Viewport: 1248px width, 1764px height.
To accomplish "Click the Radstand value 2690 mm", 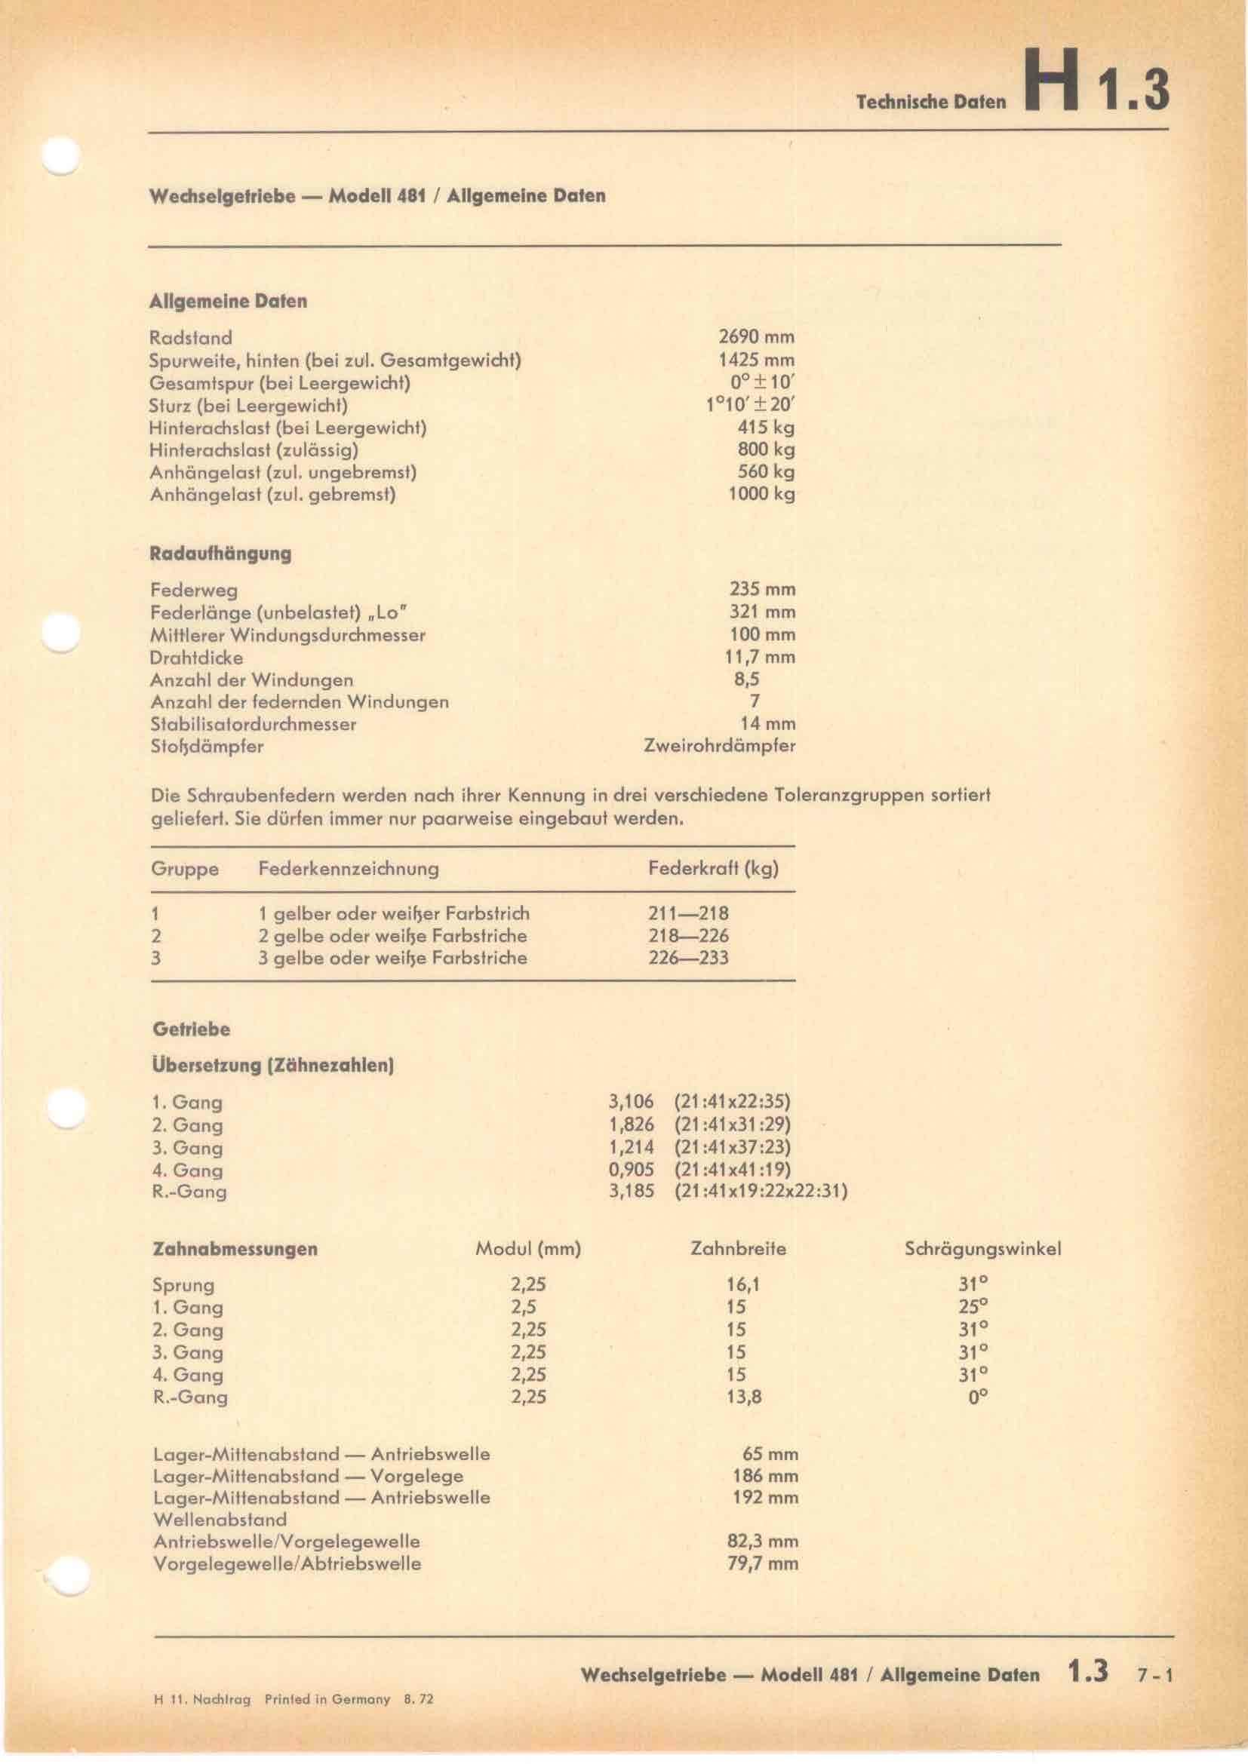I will pyautogui.click(x=756, y=336).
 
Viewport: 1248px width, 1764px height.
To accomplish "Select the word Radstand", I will pyautogui.click(x=191, y=337).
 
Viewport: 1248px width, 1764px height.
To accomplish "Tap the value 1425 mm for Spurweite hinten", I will pyautogui.click(x=756, y=360).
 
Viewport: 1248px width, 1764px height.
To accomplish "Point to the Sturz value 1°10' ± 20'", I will pyautogui.click(x=750, y=405).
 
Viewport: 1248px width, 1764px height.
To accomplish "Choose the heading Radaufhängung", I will pyautogui.click(x=220, y=554).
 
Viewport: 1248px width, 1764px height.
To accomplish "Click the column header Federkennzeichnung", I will pyautogui.click(x=349, y=869).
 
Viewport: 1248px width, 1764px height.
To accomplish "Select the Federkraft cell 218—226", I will pyautogui.click(x=689, y=936).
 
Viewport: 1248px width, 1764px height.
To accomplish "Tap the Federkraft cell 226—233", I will pyautogui.click(x=689, y=957).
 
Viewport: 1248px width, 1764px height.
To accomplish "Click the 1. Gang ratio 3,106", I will pyautogui.click(x=631, y=1102).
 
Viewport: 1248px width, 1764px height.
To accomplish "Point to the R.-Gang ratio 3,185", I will pyautogui.click(x=631, y=1192).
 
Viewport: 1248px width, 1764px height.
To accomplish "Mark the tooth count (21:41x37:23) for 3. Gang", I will pyautogui.click(x=732, y=1147).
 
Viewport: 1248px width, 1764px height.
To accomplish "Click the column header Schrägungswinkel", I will pyautogui.click(x=983, y=1249).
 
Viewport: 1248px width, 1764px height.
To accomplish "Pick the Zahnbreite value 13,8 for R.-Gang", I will pyautogui.click(x=743, y=1396).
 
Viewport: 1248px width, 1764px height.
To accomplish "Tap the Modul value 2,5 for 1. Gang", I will pyautogui.click(x=524, y=1307).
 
